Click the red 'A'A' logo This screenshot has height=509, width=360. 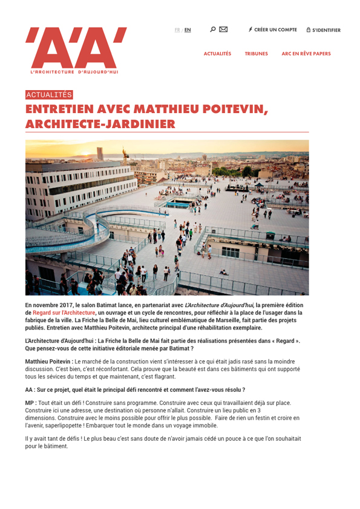(x=76, y=47)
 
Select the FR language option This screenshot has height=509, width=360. (x=177, y=30)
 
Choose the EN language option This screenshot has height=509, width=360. (x=188, y=30)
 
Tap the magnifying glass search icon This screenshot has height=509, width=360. (x=212, y=29)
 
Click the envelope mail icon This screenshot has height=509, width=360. (x=223, y=29)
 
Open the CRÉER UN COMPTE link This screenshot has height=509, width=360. (x=275, y=30)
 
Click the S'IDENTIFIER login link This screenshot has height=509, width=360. (x=326, y=30)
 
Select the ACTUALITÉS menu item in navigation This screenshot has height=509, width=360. (x=217, y=54)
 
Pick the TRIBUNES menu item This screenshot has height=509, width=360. (x=256, y=54)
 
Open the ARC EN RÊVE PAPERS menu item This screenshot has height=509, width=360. (x=306, y=54)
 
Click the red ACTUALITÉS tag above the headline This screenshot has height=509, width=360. (x=49, y=95)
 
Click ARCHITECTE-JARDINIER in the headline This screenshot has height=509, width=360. (x=100, y=124)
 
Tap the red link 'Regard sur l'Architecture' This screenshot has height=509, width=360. (x=64, y=313)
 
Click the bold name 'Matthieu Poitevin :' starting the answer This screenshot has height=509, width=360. (x=49, y=361)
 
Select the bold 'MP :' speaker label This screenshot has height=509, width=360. (x=31, y=402)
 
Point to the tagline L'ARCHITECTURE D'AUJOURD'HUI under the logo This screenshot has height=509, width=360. (x=74, y=72)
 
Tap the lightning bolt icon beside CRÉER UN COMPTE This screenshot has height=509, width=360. (x=250, y=30)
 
